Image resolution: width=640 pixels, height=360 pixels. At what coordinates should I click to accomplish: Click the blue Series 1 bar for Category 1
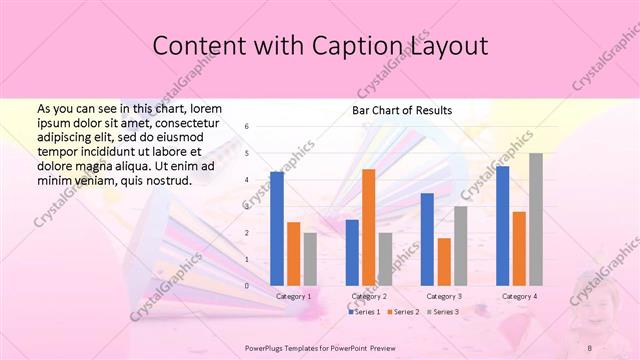[x=277, y=229]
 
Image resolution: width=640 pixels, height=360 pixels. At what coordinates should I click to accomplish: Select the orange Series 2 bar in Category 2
[x=368, y=227]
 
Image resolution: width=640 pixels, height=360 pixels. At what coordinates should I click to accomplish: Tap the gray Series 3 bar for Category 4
[x=536, y=219]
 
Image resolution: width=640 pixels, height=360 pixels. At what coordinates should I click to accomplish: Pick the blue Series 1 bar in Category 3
[x=427, y=239]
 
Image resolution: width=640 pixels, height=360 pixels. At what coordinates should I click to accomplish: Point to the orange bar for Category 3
[x=444, y=262]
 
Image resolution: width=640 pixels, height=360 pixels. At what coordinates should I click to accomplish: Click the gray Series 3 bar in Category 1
[x=310, y=259]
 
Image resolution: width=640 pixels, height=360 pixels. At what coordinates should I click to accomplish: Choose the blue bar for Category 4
[x=502, y=226]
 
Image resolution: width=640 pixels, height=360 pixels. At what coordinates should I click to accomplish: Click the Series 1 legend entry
[x=364, y=313]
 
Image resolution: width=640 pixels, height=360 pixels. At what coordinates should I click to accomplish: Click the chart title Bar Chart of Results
[x=402, y=110]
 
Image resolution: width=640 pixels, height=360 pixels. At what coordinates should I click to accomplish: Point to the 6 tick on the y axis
[x=247, y=127]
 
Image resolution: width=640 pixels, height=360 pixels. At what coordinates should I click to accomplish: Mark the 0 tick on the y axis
[x=247, y=286]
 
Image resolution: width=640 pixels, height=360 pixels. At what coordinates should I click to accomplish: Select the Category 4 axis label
[x=519, y=297]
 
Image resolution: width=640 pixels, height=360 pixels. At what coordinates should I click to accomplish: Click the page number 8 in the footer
[x=590, y=348]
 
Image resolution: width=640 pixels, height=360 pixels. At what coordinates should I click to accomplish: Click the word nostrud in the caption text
[x=163, y=180]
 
